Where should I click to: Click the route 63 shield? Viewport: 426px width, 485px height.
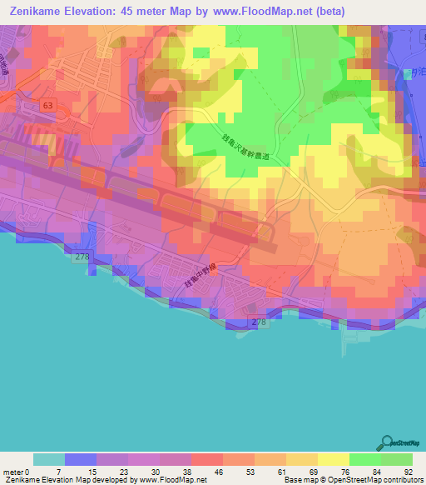[x=49, y=106]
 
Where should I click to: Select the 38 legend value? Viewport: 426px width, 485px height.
[x=191, y=472]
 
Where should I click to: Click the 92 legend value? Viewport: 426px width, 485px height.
[x=407, y=472]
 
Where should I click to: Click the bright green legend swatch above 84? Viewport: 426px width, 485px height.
[x=364, y=459]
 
